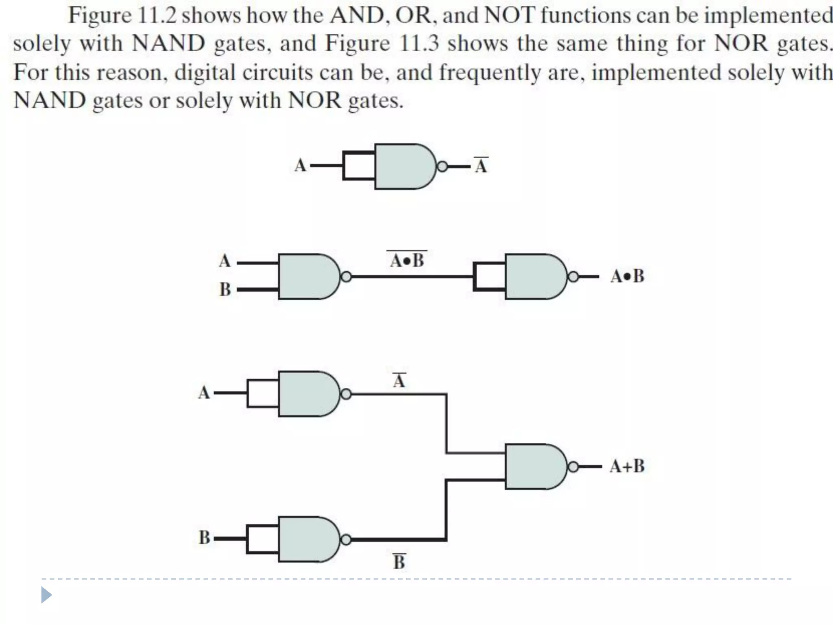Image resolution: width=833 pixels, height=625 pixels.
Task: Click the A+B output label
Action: [627, 466]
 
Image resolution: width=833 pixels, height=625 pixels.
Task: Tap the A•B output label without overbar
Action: [627, 276]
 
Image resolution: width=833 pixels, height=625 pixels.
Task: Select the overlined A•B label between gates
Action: [407, 260]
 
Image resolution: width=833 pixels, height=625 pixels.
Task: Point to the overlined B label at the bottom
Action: [399, 562]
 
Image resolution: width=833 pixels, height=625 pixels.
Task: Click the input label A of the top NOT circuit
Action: [300, 166]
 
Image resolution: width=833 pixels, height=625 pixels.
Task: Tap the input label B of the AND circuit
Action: [225, 290]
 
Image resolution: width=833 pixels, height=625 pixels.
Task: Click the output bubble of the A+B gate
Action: [573, 467]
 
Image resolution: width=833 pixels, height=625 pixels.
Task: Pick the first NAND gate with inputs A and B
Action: [307, 277]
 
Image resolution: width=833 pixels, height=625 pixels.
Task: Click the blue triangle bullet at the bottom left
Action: [46, 595]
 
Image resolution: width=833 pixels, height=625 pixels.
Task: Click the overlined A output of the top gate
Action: [481, 166]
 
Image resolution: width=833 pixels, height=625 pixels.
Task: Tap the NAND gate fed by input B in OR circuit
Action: [307, 540]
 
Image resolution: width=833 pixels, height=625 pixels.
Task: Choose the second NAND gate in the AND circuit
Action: [534, 277]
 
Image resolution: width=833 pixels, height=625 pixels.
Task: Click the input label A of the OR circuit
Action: [204, 393]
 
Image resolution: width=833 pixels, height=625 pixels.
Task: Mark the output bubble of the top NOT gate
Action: [442, 166]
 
